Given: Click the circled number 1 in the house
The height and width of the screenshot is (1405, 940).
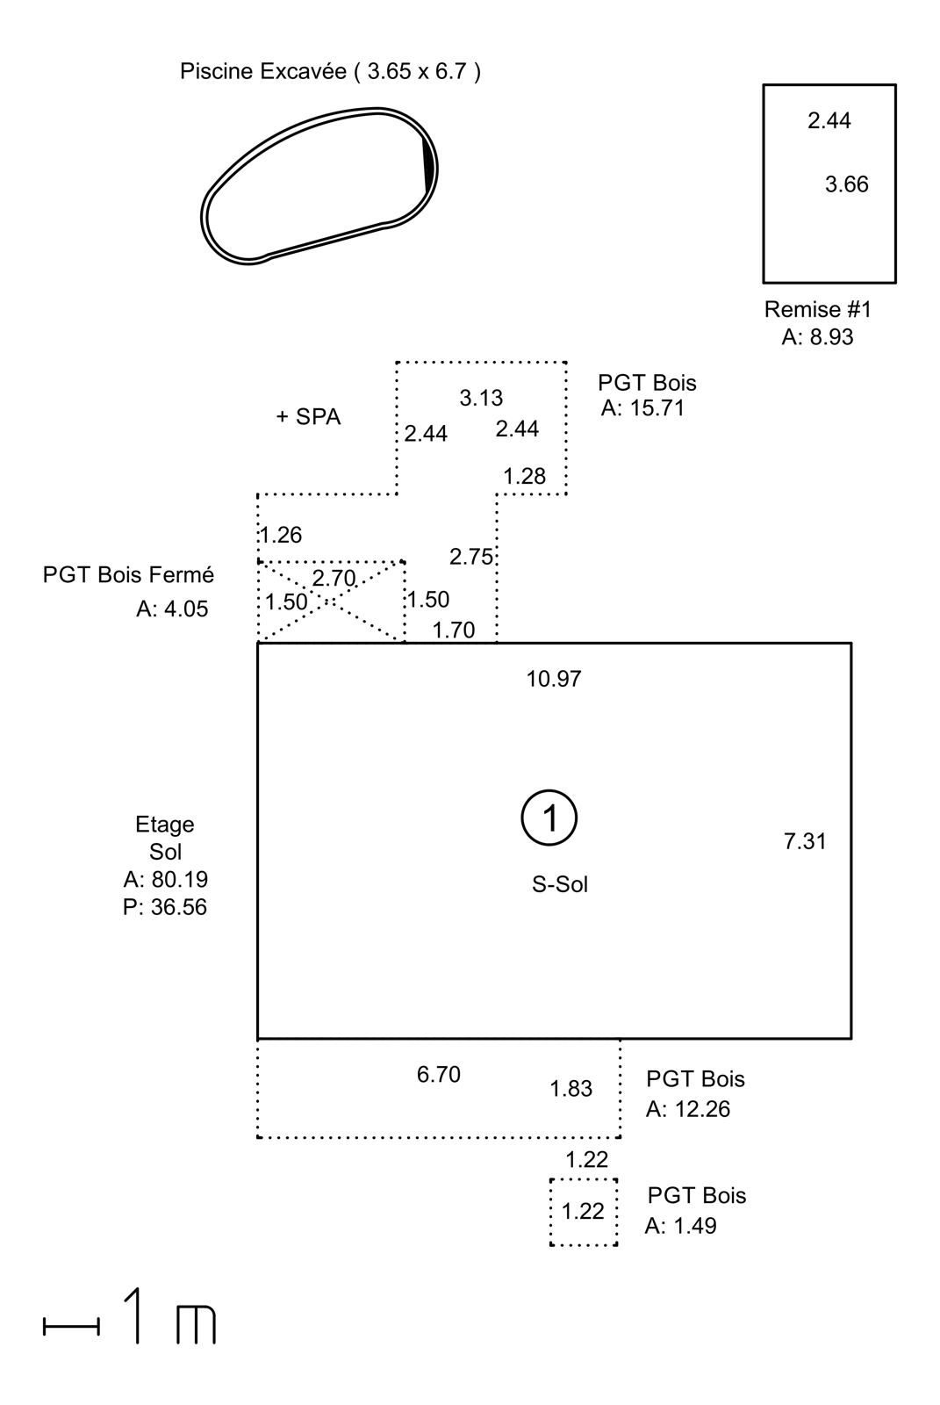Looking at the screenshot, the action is point(549,818).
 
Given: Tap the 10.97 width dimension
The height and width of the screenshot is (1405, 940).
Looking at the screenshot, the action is point(554,679).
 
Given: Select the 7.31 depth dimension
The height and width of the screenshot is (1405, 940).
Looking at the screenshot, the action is point(805,841).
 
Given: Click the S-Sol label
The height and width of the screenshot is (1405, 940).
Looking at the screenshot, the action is point(560,884).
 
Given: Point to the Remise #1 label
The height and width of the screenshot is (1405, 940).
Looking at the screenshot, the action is point(818,309).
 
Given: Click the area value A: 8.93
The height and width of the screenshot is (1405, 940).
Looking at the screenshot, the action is point(818,337).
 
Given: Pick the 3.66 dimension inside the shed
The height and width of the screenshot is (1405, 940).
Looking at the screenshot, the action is point(847,184).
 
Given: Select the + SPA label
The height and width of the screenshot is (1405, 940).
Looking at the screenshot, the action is point(309,417).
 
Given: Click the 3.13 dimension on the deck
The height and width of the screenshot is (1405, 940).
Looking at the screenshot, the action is point(481,398).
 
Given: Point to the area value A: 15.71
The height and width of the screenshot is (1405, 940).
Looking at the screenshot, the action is point(642,408).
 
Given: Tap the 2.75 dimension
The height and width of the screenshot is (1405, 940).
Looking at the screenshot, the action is point(471,557).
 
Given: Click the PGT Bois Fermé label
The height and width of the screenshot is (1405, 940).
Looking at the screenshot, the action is point(128,574).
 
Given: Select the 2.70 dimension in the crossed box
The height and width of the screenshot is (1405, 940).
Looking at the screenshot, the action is point(334,578).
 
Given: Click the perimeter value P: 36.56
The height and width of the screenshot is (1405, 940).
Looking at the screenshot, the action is point(165,907).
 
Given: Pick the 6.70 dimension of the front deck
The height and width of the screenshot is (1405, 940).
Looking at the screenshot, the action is point(439,1075).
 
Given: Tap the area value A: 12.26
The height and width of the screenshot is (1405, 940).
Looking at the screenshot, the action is point(688,1109).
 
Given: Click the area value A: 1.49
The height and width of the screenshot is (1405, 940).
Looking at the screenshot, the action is point(680,1226).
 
